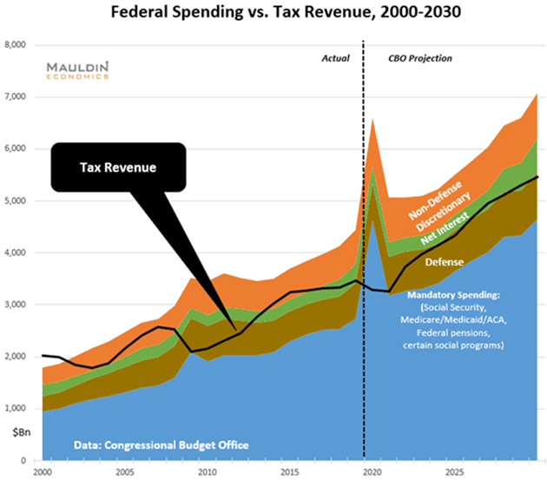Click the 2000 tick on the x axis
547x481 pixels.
click(42, 472)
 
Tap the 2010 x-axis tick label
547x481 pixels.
click(208, 472)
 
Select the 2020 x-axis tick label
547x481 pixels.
click(372, 472)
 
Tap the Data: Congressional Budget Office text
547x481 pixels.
click(148, 445)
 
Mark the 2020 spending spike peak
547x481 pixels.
click(372, 119)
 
